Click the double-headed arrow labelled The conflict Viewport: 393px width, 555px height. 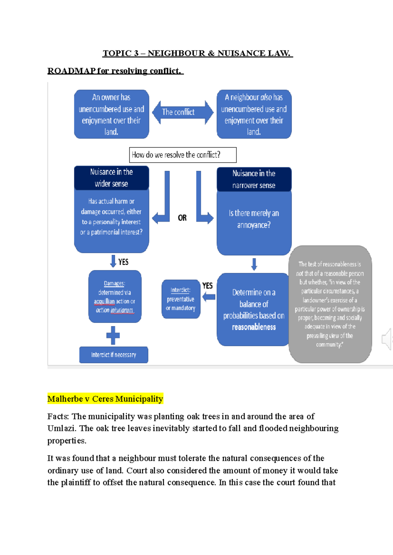(183, 112)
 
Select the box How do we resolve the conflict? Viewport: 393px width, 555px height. (183, 155)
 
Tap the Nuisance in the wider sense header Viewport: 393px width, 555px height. (111, 178)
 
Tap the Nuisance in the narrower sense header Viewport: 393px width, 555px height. (254, 179)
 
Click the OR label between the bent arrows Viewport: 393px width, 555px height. (182, 218)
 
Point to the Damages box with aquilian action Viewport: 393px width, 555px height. (115, 296)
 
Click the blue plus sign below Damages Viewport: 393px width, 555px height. (113, 335)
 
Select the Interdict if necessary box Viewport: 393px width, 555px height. (113, 355)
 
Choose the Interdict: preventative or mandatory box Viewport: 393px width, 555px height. (180, 299)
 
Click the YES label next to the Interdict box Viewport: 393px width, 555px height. (207, 286)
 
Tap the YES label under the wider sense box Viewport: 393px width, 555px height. (123, 262)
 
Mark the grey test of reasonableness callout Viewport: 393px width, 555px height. (330, 304)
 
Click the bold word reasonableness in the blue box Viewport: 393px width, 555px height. (254, 327)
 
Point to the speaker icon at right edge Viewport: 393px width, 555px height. (387, 339)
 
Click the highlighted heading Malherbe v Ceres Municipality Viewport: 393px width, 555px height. (105, 399)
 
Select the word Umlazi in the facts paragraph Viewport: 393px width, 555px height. (61, 428)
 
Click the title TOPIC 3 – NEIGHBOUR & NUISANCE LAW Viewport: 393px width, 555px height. (197, 53)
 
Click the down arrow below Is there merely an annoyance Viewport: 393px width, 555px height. (254, 264)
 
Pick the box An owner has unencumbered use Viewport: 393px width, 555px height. (111, 114)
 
